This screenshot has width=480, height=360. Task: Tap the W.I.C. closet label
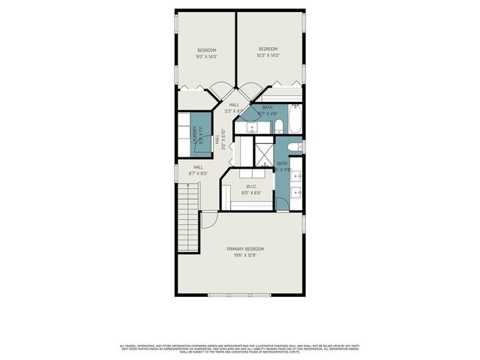[251, 187]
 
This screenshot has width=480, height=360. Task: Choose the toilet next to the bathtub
[277, 124]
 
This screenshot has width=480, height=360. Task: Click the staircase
[187, 221]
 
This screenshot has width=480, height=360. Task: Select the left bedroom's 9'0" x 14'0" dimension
[206, 56]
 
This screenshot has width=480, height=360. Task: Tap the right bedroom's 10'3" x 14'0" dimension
[268, 56]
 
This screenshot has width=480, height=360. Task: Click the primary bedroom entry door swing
[209, 220]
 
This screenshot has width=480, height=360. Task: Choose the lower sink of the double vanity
[296, 196]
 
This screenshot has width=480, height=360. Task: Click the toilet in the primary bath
[295, 146]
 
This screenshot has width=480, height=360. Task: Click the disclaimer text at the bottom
[240, 348]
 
